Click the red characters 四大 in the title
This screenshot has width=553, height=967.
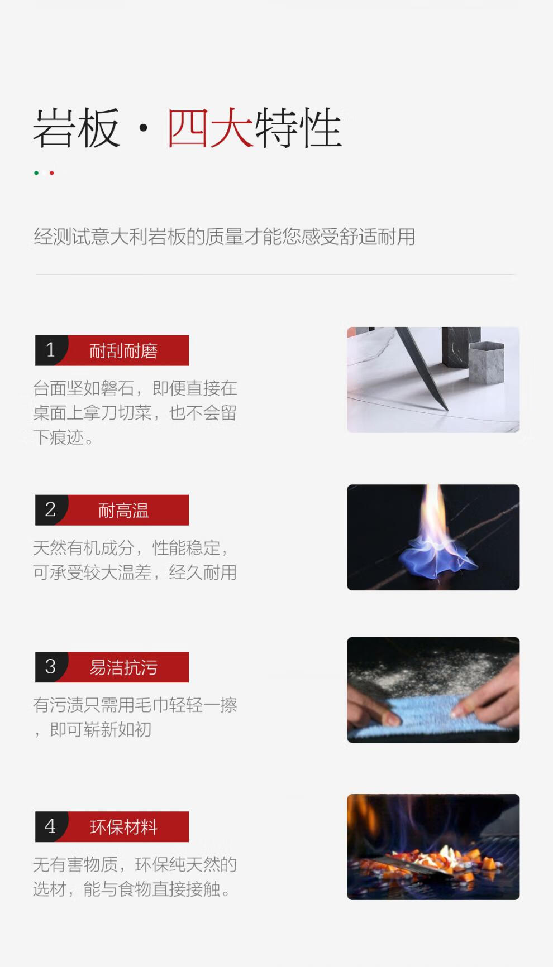click(211, 128)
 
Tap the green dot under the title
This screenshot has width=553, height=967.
click(36, 173)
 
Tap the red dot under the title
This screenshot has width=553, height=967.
click(51, 173)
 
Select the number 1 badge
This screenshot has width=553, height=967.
click(51, 350)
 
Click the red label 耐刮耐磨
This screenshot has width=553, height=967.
click(123, 351)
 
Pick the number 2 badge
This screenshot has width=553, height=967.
click(51, 510)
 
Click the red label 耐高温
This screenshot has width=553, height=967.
click(123, 511)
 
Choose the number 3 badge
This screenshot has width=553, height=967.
click(51, 667)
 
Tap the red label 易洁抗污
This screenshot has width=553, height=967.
click(123, 667)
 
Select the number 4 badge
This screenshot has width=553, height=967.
click(51, 826)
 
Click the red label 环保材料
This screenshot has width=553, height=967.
click(123, 827)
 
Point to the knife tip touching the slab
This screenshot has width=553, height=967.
click(447, 410)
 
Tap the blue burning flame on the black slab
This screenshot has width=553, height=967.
click(437, 558)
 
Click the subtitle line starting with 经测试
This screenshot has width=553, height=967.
click(225, 237)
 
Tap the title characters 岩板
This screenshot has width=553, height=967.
click(77, 128)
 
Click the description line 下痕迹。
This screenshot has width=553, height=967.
click(63, 437)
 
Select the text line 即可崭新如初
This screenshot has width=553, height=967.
click(101, 729)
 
